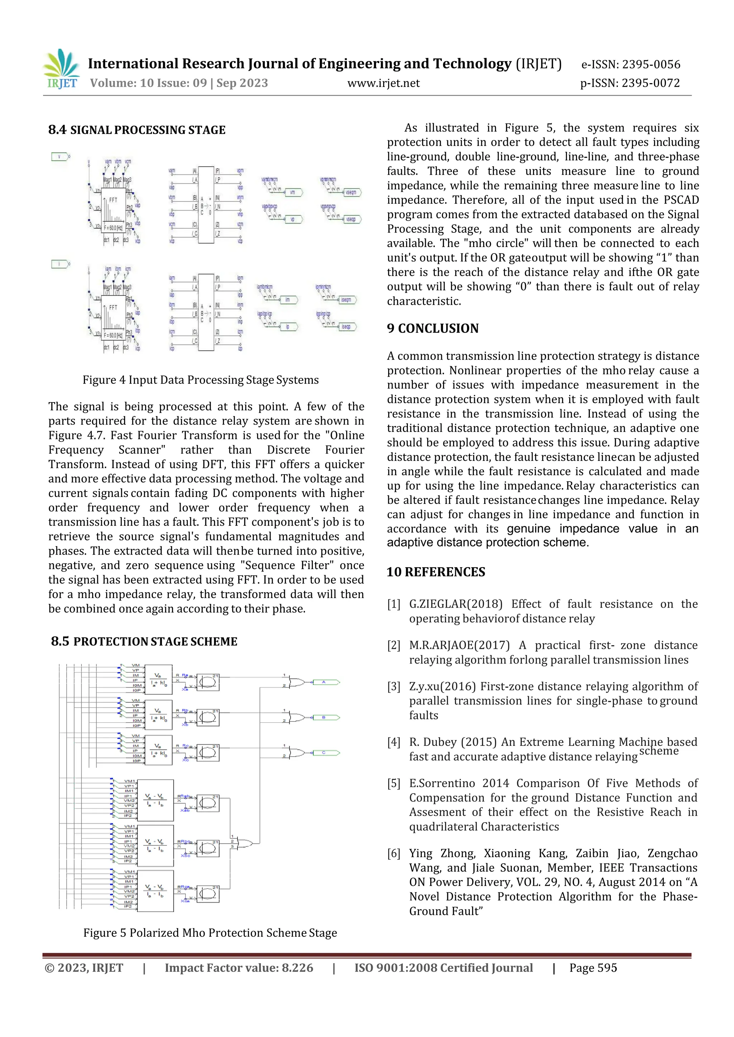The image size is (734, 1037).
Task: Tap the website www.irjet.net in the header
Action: (383, 83)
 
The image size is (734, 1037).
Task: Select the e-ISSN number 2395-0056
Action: (651, 64)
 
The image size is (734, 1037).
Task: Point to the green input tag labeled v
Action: (60, 157)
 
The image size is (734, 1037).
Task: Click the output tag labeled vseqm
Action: (351, 192)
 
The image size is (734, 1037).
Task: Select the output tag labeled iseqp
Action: (346, 327)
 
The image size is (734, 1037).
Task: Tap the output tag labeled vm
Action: (292, 192)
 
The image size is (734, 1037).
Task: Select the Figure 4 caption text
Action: (200, 380)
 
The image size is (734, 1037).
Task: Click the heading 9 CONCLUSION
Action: (433, 328)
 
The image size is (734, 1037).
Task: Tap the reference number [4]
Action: (394, 742)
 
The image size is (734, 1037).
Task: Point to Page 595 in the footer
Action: (593, 968)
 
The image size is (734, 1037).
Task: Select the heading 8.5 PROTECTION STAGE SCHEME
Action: (144, 642)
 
